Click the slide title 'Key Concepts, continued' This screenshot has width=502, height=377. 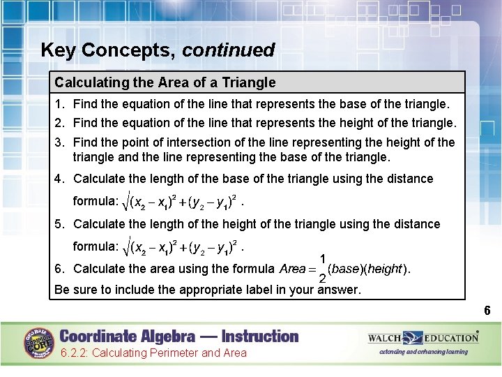(x=158, y=50)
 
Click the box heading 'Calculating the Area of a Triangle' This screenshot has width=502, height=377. (x=165, y=82)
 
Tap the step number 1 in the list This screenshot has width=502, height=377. (x=59, y=104)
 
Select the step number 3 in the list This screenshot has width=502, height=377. (x=59, y=142)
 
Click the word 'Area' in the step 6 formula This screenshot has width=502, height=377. (x=292, y=269)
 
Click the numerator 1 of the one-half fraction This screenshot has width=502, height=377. (x=323, y=258)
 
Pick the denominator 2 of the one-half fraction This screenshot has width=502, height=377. (x=323, y=279)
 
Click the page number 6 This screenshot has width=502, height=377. (x=487, y=311)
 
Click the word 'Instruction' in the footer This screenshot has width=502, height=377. (x=250, y=336)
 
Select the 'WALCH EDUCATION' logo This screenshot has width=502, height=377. (x=423, y=338)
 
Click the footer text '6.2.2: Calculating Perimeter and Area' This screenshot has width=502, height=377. (x=153, y=353)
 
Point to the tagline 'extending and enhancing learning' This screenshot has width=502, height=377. (x=423, y=352)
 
